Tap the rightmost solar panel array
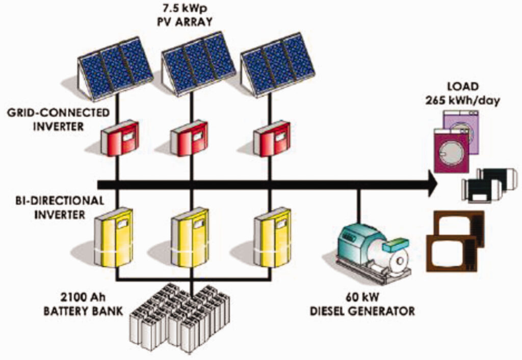point(278,64)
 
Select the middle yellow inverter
point(190,237)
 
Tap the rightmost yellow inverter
point(273,237)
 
